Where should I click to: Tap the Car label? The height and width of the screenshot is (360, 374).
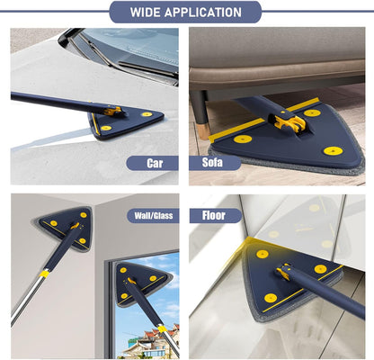point(156,163)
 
